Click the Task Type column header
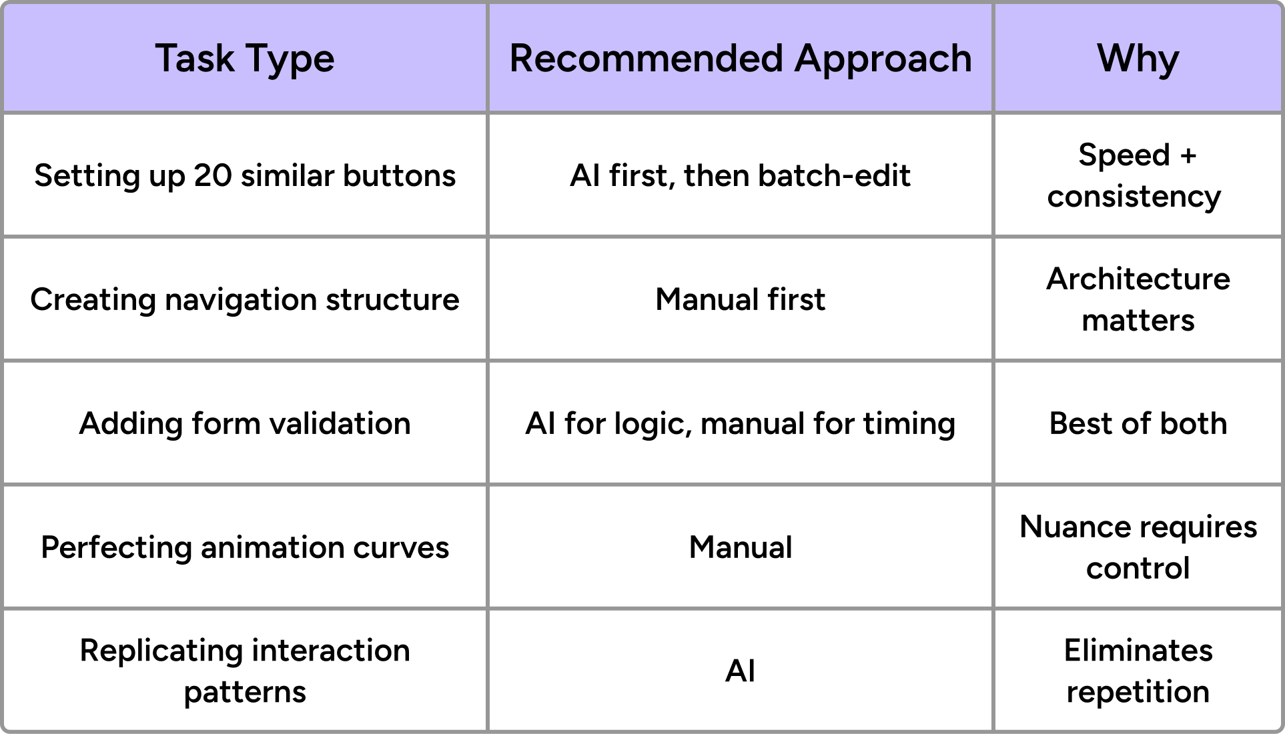[245, 59]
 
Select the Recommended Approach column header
[740, 59]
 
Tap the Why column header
[1138, 59]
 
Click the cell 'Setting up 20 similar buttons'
[245, 176]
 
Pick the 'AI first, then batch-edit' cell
[740, 176]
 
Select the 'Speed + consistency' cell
[1138, 176]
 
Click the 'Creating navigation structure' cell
[245, 299]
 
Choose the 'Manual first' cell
[740, 299]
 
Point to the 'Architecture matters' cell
[1138, 299]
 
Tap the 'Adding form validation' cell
[245, 423]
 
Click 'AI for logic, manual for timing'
[740, 423]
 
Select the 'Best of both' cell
[1138, 423]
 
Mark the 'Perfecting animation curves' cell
[245, 547]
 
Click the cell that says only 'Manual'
[740, 547]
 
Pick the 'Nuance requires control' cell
[1138, 547]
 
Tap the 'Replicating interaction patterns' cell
[245, 671]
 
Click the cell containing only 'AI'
[740, 671]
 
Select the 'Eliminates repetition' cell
[1138, 671]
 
